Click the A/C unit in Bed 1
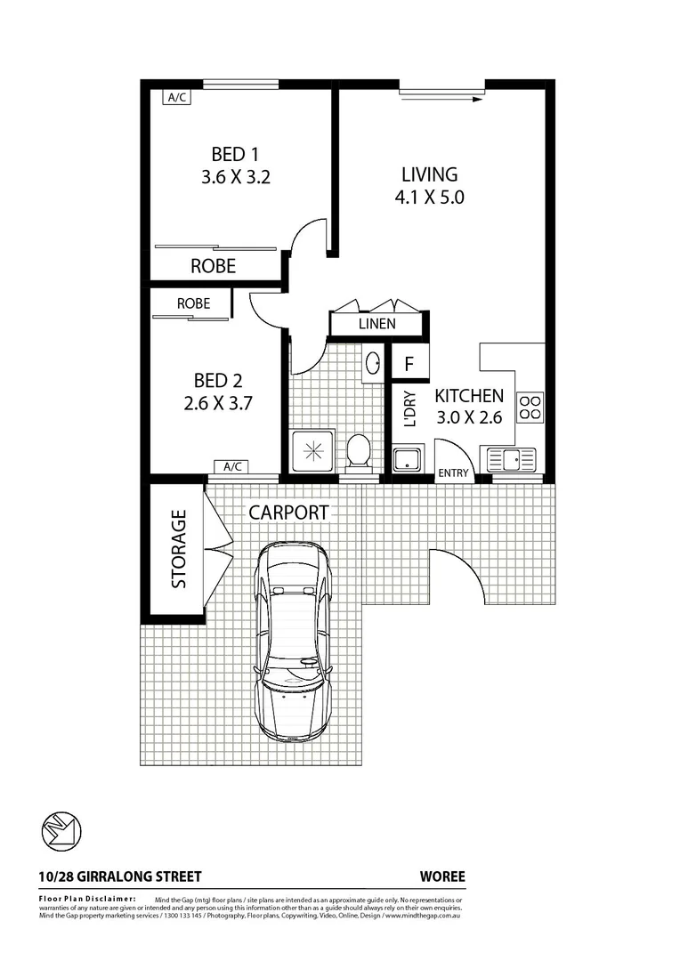point(176,98)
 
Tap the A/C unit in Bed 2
point(232,467)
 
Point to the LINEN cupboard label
point(377,324)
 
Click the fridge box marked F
point(409,364)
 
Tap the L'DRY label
point(409,411)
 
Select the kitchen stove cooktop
point(530,407)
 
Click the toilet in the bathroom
point(359,450)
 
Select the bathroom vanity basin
point(373,363)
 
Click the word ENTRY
point(453,473)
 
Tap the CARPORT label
point(288,513)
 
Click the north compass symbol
point(62,830)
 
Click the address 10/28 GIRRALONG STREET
point(120,876)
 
